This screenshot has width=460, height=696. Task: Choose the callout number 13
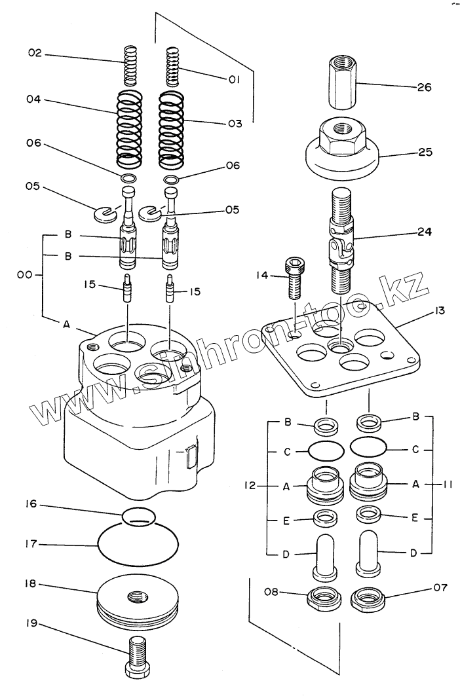click(439, 310)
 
